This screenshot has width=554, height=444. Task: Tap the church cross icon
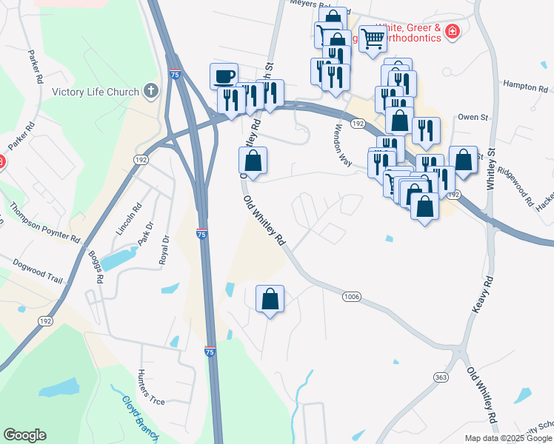point(151,91)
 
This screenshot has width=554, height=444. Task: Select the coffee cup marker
point(224,75)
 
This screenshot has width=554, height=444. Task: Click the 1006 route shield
point(352,297)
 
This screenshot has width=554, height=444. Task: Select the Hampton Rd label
point(524,87)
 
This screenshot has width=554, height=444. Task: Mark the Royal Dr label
point(164,250)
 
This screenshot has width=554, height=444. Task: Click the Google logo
point(24,435)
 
